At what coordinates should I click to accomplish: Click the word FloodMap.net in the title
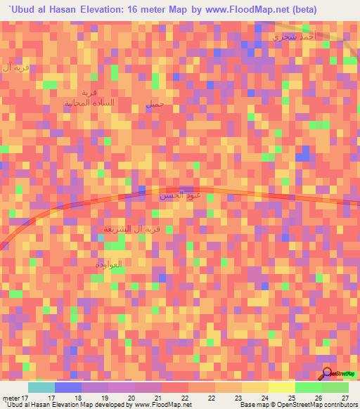[x=260, y=10]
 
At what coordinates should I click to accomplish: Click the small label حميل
[x=155, y=104]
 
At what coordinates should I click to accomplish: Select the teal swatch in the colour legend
[x=41, y=387]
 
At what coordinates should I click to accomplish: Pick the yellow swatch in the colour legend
[x=281, y=387]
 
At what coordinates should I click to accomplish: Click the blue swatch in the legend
[x=68, y=387]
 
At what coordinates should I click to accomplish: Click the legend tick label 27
[x=345, y=398]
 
